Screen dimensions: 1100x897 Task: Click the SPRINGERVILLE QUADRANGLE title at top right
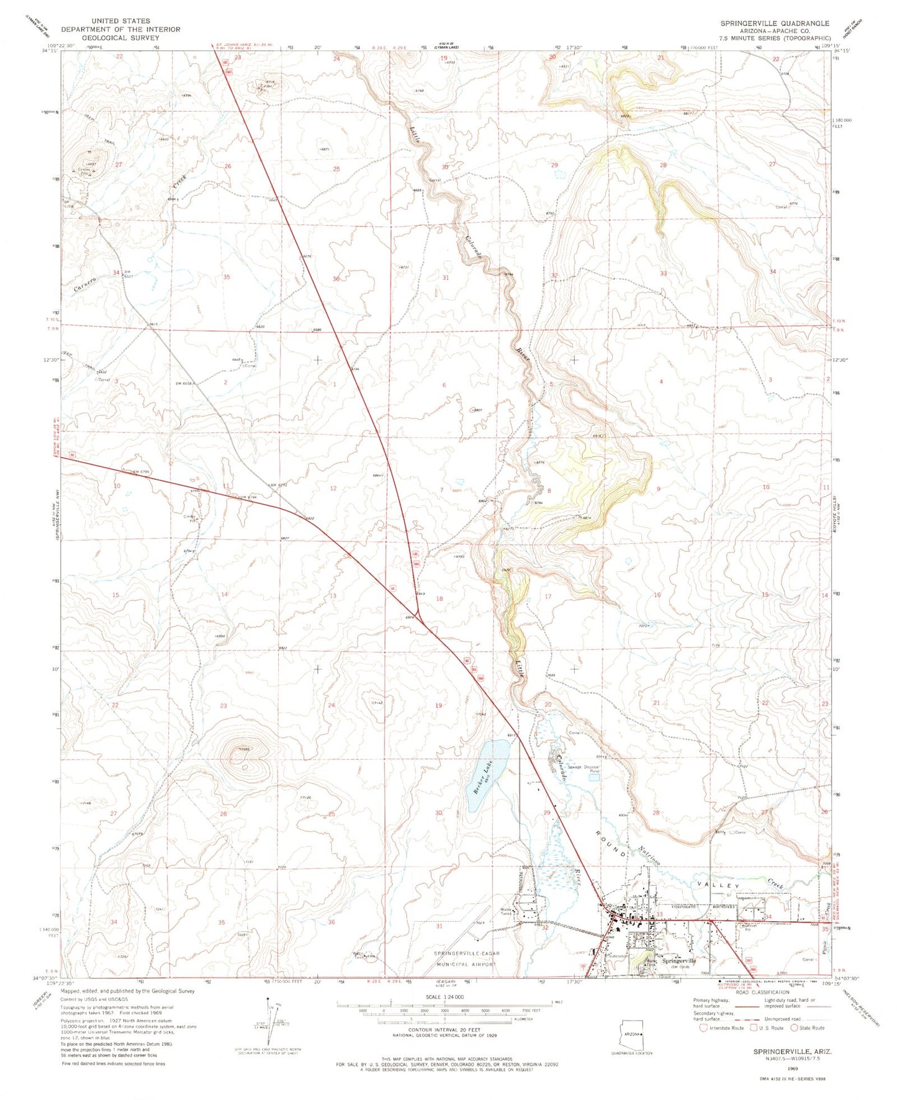[x=774, y=23]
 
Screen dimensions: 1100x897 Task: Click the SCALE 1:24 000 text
[x=444, y=996]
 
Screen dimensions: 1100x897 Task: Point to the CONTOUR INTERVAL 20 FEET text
[x=444, y=1029]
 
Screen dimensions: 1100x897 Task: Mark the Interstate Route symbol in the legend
[x=703, y=1027]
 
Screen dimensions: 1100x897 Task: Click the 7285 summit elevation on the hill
[x=244, y=750]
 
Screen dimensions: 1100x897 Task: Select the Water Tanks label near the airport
[x=507, y=913]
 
